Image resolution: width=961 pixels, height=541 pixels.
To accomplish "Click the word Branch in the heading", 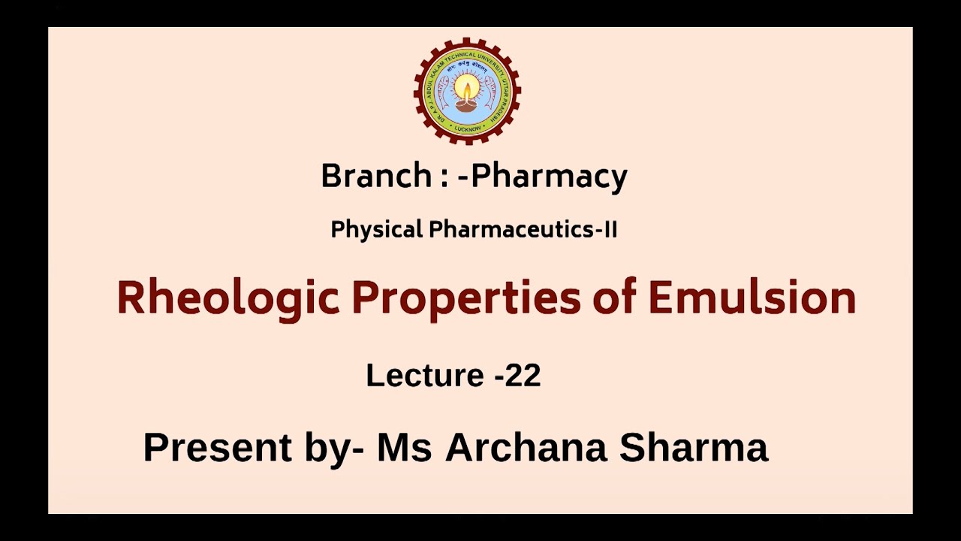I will [x=375, y=176].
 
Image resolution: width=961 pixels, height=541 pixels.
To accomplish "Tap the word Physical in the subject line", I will [x=377, y=230].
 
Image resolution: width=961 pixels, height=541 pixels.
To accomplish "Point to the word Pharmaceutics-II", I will [x=523, y=230].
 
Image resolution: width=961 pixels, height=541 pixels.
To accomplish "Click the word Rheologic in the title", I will [x=228, y=298].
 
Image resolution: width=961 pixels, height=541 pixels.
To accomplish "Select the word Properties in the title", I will [x=466, y=298].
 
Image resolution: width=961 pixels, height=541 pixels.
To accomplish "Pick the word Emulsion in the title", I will [x=752, y=298].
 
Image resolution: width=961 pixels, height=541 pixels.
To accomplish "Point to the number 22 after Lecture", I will [x=523, y=375].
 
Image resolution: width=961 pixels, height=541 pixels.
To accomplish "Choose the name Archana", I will [x=526, y=447].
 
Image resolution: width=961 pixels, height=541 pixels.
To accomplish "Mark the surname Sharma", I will [x=694, y=447].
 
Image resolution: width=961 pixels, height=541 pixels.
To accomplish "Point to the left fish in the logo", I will [x=445, y=91].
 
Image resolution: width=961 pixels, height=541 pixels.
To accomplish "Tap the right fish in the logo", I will [x=490, y=91].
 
